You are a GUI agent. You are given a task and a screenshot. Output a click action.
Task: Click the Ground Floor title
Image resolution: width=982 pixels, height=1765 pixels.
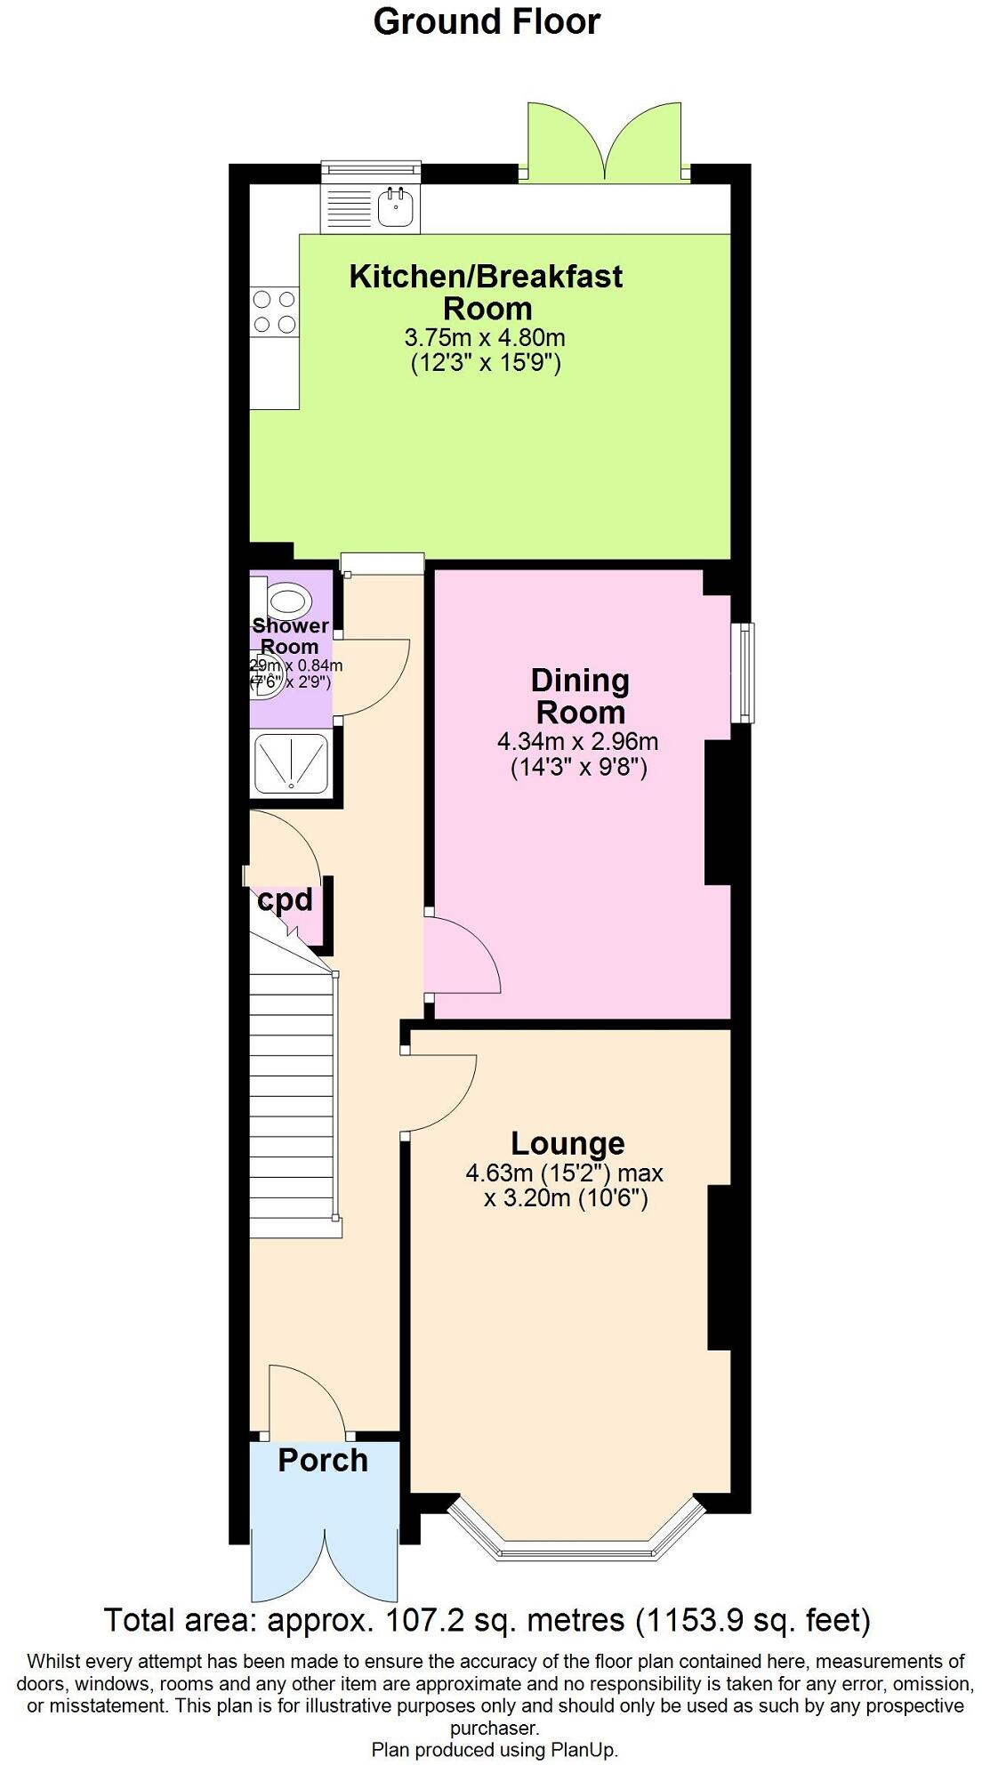pos(487,21)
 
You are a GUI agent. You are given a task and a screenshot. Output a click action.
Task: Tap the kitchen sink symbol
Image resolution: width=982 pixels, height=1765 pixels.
pos(397,206)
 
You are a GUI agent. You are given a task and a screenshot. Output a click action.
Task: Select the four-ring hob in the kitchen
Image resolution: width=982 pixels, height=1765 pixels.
pos(274,312)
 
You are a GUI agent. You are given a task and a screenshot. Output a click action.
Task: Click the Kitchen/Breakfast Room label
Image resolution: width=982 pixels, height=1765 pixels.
pos(486,292)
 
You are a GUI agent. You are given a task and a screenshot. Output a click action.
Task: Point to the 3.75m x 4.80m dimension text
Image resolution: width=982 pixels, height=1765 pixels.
pos(485,338)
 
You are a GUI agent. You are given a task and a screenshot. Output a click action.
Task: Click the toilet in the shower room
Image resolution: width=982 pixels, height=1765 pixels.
pos(288,600)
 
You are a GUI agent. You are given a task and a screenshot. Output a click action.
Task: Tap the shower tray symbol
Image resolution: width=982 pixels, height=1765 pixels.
pos(291,762)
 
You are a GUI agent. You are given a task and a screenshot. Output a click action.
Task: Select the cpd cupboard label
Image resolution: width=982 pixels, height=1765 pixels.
pos(285,900)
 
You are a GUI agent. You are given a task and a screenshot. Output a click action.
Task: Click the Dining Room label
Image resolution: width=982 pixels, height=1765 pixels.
pos(580,696)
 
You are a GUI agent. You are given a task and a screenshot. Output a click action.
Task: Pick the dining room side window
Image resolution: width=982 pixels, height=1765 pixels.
pos(742,672)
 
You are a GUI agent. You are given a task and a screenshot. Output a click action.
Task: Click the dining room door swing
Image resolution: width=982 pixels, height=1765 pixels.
pos(463,956)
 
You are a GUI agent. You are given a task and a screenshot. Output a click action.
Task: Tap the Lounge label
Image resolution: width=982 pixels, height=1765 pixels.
pos(567,1143)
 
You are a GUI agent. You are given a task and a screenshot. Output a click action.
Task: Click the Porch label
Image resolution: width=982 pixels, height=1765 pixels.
pos(323,1460)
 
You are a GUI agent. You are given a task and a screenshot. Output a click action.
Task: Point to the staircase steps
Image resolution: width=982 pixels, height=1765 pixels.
pos(292,1103)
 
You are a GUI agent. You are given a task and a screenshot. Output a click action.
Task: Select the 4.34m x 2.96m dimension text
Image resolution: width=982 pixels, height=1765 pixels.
pos(577,741)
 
